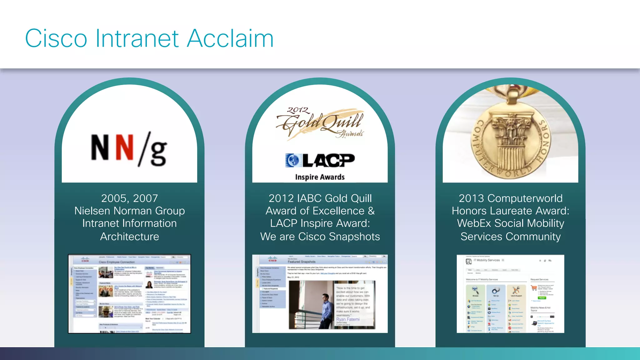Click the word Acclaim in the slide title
pyautogui.click(x=230, y=38)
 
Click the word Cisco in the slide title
pyautogui.click(x=56, y=38)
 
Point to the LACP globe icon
pyautogui.click(x=292, y=160)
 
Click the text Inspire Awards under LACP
pyautogui.click(x=320, y=177)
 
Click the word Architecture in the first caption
pyautogui.click(x=129, y=237)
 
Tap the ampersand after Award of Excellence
pyautogui.click(x=371, y=211)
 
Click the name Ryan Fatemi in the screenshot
pyautogui.click(x=348, y=319)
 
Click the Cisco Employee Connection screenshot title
pyautogui.click(x=117, y=262)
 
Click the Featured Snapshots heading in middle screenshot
pyautogui.click(x=301, y=262)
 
